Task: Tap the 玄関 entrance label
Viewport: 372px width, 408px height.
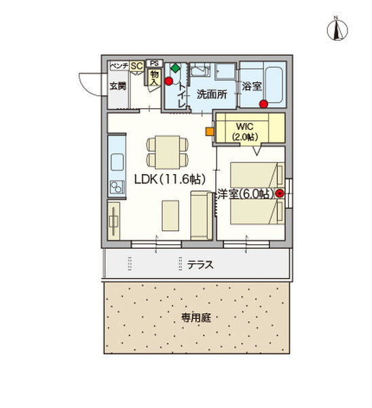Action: [117, 86]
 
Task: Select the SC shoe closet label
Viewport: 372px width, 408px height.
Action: [136, 65]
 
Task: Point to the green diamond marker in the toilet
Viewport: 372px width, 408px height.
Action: [174, 68]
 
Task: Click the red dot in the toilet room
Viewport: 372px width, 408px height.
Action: [168, 82]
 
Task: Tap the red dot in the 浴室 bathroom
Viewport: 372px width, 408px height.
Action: [262, 104]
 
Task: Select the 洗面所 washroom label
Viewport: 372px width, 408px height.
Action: [211, 95]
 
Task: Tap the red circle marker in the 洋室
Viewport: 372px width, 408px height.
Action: [279, 193]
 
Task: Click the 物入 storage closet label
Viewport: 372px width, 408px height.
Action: [153, 77]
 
